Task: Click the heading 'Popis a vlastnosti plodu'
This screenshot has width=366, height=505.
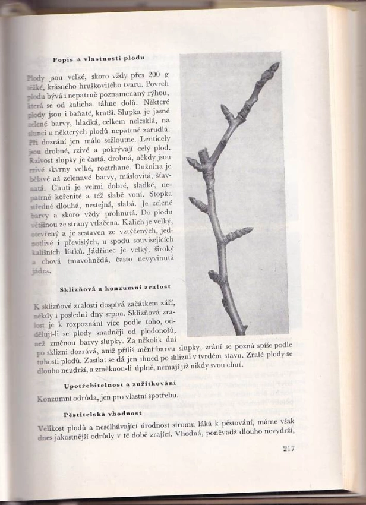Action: [x=99, y=59]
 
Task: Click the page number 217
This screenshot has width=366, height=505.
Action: [x=285, y=448]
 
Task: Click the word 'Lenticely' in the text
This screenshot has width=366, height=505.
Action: [x=153, y=138]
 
